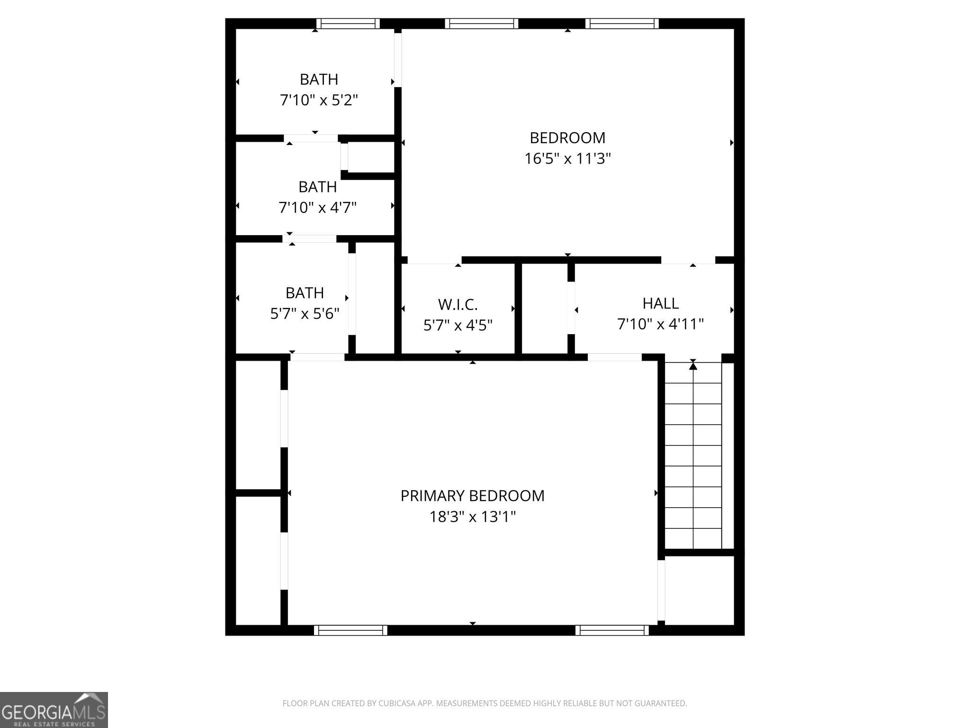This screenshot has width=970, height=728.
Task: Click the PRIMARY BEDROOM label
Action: [472, 496]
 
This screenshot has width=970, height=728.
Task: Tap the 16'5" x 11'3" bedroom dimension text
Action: [567, 158]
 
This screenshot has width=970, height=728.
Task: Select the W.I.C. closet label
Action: [458, 304]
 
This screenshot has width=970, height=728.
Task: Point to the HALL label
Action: [660, 303]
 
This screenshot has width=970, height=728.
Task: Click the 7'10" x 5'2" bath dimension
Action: [319, 100]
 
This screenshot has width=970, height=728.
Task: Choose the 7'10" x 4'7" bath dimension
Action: [317, 207]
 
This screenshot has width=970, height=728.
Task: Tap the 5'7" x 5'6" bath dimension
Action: [305, 313]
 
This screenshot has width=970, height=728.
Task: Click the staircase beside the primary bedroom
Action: [693, 455]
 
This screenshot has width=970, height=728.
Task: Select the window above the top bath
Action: [348, 24]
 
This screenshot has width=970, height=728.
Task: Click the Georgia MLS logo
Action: [54, 710]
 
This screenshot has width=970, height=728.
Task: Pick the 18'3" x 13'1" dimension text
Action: [472, 516]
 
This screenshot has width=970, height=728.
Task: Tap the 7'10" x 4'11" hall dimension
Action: [660, 324]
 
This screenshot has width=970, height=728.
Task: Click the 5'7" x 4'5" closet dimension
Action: [458, 325]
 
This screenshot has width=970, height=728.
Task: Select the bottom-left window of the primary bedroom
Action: [350, 630]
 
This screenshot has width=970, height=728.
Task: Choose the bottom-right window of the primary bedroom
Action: [612, 630]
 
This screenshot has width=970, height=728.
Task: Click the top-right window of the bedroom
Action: [621, 24]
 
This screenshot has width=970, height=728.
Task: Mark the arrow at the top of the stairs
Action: [693, 364]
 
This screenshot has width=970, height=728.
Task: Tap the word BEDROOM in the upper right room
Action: [567, 138]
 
